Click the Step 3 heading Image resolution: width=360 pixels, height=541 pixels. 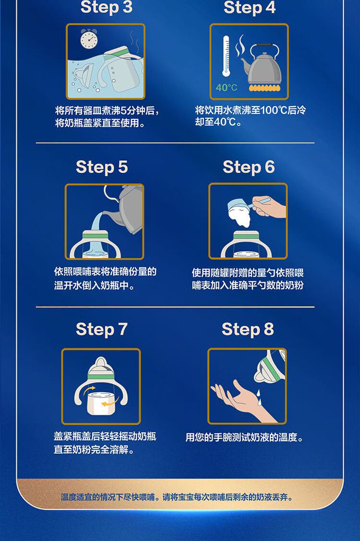[x=106, y=7]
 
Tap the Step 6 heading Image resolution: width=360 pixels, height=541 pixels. [x=249, y=168]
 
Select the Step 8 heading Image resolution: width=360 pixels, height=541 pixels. [x=248, y=329]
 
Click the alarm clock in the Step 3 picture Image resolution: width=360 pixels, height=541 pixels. [x=89, y=38]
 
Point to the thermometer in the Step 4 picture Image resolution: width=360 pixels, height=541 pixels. [x=226, y=56]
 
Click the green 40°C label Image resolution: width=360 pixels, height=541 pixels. [x=227, y=88]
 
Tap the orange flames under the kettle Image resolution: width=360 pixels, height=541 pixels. [x=264, y=88]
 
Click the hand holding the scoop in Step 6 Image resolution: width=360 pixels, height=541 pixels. [x=269, y=206]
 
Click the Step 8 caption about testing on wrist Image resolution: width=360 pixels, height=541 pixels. [x=245, y=437]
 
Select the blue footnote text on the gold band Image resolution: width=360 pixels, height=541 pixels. [x=177, y=497]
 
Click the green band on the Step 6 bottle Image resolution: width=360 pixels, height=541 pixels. [x=246, y=236]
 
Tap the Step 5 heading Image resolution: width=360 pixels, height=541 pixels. [x=102, y=168]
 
